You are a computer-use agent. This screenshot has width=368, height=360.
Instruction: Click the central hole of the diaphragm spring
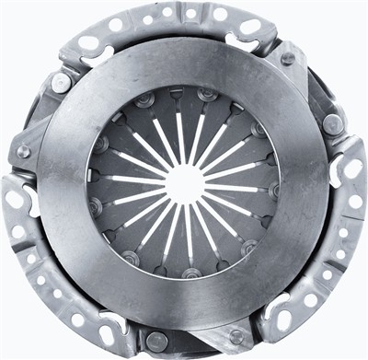[185, 180]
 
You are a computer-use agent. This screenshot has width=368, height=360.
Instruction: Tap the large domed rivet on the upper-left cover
[61, 83]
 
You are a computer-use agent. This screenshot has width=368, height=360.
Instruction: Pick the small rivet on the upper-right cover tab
[288, 58]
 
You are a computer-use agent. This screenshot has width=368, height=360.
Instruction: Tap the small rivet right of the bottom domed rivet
[237, 336]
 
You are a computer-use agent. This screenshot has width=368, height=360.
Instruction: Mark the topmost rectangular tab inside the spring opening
[177, 94]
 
